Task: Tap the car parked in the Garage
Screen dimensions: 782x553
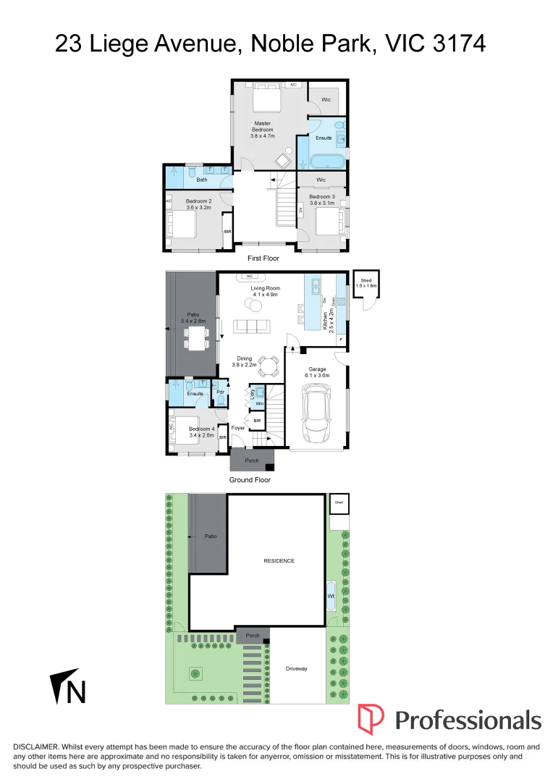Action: tap(316, 414)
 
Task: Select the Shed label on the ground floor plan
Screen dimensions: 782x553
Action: tap(367, 281)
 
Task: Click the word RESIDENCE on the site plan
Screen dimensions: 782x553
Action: tap(278, 560)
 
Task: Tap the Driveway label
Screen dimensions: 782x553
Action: tap(297, 668)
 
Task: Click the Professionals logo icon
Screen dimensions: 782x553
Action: tap(371, 719)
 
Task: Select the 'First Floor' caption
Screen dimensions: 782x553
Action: tap(263, 258)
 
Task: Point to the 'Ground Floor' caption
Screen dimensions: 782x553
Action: tap(250, 480)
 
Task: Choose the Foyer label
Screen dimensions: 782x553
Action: tap(238, 427)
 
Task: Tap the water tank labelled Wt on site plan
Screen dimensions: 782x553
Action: tap(332, 596)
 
